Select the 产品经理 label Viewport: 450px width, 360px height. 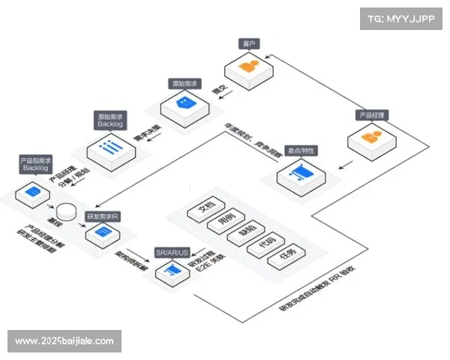tap(370, 115)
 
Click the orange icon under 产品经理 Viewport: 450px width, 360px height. tap(367, 140)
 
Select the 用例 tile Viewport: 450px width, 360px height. tap(223, 221)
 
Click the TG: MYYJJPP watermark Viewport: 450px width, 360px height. tap(397, 19)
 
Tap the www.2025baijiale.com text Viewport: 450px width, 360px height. tap(64, 341)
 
